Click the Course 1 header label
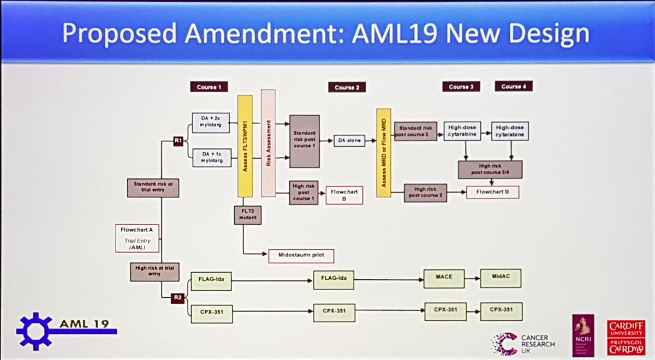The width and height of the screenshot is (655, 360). [208, 86]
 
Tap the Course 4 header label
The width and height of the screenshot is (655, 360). [514, 86]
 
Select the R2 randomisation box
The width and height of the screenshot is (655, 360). [177, 297]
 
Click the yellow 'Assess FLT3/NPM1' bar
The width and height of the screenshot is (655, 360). [245, 146]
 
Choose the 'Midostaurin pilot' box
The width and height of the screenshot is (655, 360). [301, 255]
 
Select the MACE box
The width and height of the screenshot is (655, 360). [444, 278]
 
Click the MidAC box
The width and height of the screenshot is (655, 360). [501, 278]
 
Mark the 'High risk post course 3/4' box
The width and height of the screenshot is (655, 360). [490, 170]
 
